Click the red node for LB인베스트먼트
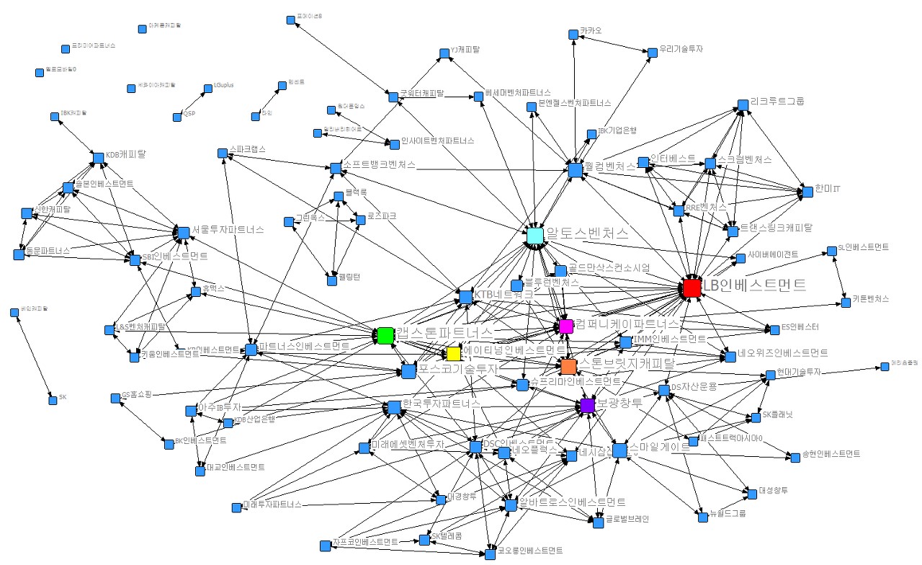691,288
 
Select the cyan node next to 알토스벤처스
534,236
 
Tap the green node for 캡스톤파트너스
385,335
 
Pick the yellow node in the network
453,354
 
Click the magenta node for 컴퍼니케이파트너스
565,326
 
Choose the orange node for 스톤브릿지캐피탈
568,366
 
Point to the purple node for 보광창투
587,406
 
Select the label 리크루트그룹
777,102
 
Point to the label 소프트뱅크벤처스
380,164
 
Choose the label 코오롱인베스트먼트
530,551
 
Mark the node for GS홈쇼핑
115,398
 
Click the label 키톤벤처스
871,298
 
